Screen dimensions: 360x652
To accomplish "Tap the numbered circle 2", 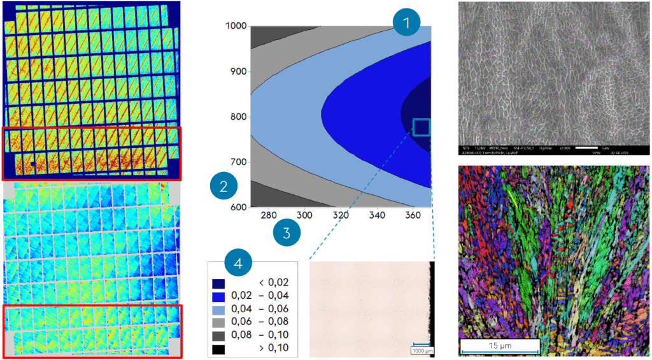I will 223,187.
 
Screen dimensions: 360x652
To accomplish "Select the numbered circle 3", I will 287,233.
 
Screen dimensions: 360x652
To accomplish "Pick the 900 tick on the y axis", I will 237,71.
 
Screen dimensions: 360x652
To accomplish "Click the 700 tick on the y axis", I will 237,162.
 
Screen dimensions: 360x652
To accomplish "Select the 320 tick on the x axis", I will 340,215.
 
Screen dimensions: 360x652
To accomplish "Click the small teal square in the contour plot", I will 422,127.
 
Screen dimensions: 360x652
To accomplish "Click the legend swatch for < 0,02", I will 220,282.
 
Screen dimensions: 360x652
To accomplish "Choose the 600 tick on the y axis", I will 237,207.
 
